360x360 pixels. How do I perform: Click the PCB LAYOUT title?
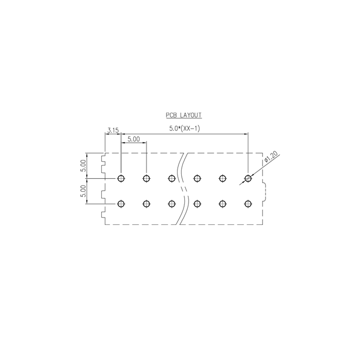point(184,115)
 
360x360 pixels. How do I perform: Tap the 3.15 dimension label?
point(113,131)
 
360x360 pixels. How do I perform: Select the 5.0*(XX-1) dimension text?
point(184,128)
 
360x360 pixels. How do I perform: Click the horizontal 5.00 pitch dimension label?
point(134,139)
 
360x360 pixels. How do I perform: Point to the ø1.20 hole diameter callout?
point(271,156)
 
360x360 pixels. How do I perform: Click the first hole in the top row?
point(121,178)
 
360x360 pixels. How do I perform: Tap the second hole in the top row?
point(147,178)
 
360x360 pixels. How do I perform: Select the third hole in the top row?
point(172,178)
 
